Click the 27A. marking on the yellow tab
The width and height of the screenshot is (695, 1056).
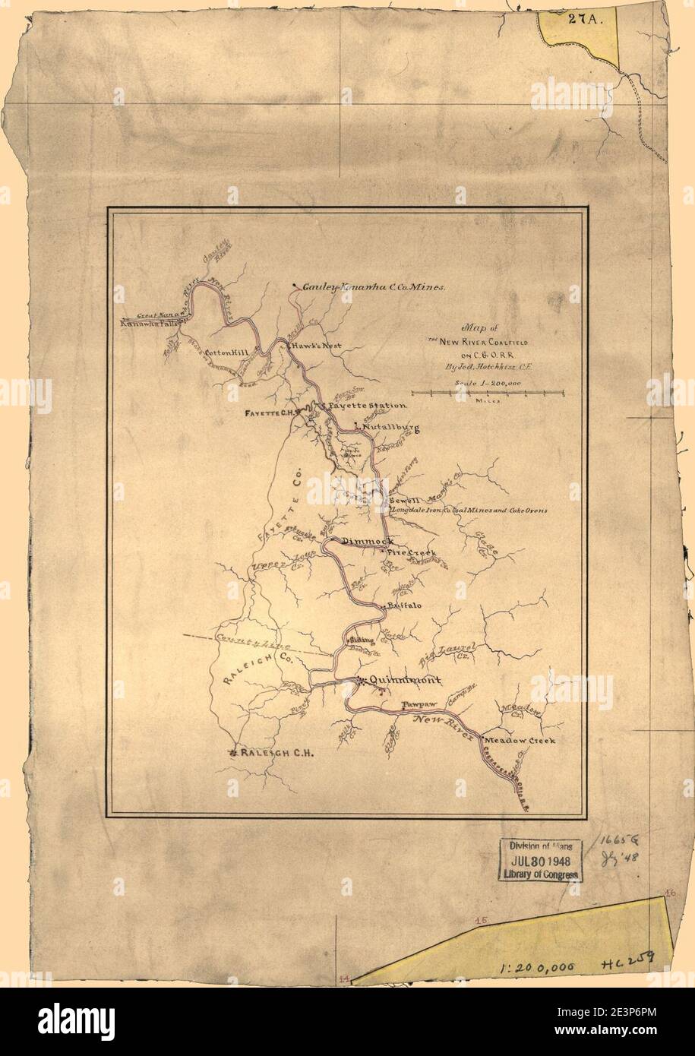[583, 21]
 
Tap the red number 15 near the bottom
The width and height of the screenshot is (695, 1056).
[480, 921]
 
